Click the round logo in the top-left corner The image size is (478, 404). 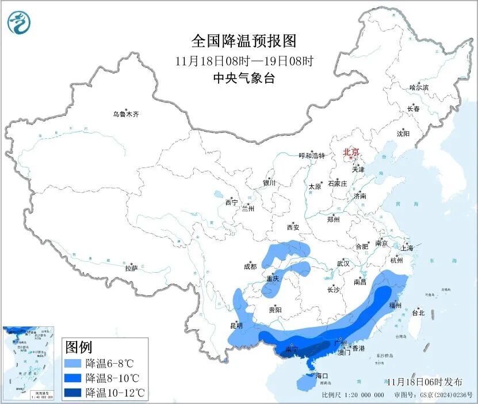coord(19,22)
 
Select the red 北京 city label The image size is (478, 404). coord(350,153)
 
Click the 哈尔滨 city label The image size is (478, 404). coord(419,87)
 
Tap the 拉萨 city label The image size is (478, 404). coord(131,268)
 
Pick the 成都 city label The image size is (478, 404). coord(250,266)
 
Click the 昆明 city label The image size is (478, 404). coord(236,326)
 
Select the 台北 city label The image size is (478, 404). coord(418,313)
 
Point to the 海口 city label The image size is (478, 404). coord(322,376)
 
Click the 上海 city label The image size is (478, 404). coord(407,249)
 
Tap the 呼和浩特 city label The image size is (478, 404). coord(312,156)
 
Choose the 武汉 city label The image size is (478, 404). coord(343,264)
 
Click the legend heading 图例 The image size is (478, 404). coord(79,347)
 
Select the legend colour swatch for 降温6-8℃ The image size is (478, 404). coord(72,364)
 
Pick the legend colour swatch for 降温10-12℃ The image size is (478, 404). coord(72,393)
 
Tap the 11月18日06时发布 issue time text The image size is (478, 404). coord(424,382)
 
